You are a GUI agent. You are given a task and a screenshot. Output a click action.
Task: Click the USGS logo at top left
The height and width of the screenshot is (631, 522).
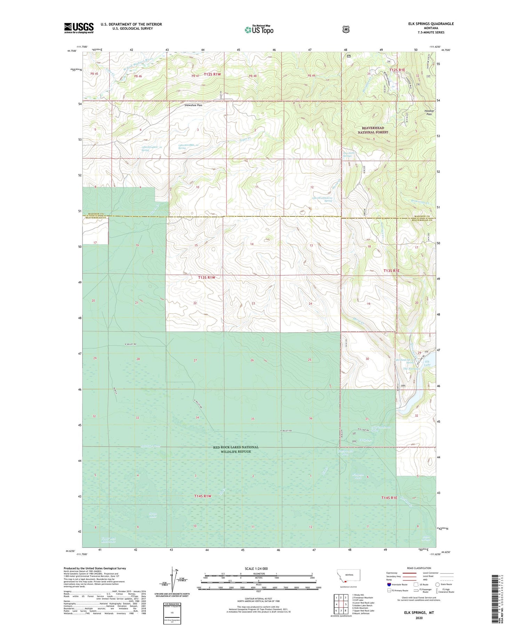point(79,28)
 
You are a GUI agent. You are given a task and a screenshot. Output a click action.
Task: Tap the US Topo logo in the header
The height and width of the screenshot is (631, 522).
point(259,30)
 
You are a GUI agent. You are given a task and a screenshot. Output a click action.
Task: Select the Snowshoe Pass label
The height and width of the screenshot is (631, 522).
point(193,105)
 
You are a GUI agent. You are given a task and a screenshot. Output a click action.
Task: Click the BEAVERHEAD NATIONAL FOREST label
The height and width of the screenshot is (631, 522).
point(373,130)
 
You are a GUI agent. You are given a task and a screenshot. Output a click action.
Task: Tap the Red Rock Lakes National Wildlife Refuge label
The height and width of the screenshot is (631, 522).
point(236,449)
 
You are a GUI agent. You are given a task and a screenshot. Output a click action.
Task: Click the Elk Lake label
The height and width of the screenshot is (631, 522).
point(427,363)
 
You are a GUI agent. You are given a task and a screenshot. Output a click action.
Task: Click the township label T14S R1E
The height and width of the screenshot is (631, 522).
point(389,498)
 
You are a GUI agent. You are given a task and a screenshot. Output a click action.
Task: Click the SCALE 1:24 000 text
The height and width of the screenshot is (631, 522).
point(256,568)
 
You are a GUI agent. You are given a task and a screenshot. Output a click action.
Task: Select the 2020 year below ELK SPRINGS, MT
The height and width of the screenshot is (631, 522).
point(419,618)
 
